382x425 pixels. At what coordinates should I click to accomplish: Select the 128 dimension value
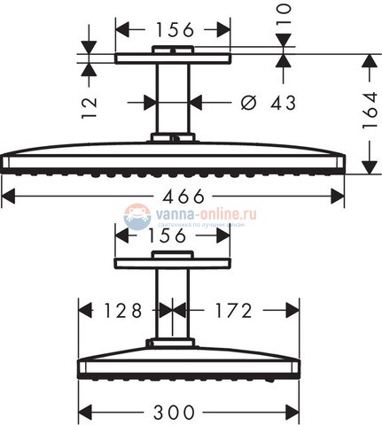[x=121, y=310]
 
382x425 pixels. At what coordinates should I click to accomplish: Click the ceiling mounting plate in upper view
[x=173, y=58]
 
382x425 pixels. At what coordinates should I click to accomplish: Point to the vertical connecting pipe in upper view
[x=173, y=97]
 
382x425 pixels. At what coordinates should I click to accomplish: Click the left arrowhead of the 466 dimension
[x=7, y=195]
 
